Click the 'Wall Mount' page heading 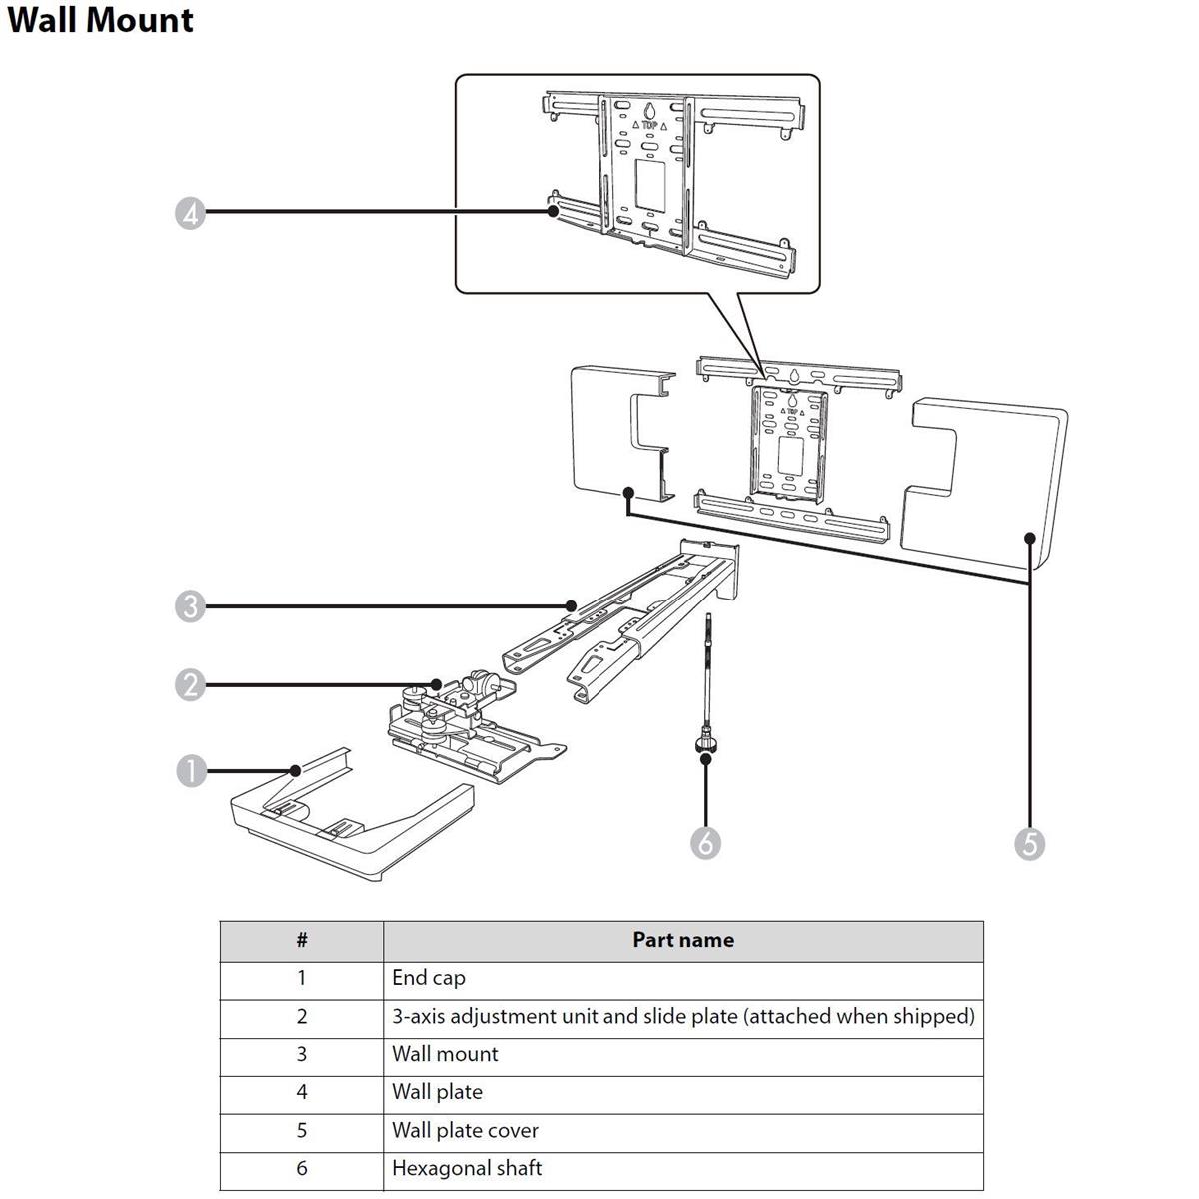(x=100, y=20)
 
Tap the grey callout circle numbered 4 (x=190, y=212)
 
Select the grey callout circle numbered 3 (x=190, y=605)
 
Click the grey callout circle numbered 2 (x=190, y=685)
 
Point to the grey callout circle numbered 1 (x=190, y=770)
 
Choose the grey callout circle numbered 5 (x=1029, y=843)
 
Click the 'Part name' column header (x=683, y=940)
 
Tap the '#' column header (x=302, y=940)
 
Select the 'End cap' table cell (x=429, y=978)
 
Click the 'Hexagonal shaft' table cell (x=467, y=1168)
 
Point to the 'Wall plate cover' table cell (x=465, y=1130)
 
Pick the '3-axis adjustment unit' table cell (x=682, y=1016)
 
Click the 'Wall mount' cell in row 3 (x=445, y=1054)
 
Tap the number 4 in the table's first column (x=302, y=1092)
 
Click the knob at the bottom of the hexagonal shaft (x=706, y=744)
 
